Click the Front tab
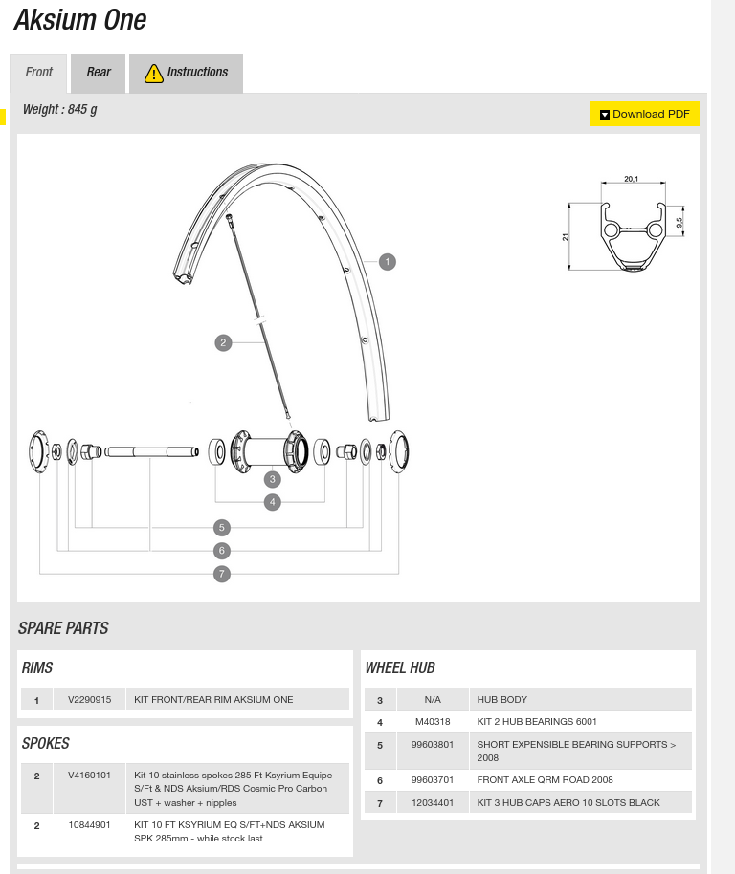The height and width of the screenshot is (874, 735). click(39, 73)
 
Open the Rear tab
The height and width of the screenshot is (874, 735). click(99, 73)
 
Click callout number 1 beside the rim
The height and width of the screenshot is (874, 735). click(387, 262)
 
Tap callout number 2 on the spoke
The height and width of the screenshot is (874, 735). click(223, 342)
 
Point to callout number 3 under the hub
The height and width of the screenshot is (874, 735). click(273, 479)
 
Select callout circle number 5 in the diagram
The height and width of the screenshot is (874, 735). click(222, 527)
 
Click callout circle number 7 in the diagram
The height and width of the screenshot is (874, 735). click(222, 574)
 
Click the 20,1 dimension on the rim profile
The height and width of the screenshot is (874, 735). click(631, 179)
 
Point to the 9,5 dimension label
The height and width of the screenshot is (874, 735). click(679, 222)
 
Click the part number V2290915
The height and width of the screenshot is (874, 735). click(90, 700)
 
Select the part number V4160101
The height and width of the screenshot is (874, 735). click(90, 776)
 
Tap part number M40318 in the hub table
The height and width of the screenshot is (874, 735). click(433, 722)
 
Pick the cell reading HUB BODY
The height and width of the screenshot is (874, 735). click(502, 700)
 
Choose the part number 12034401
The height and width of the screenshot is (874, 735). click(433, 803)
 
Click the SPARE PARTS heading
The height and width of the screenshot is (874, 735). click(63, 628)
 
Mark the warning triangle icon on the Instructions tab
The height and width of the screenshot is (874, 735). click(153, 74)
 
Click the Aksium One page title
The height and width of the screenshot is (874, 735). click(80, 20)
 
